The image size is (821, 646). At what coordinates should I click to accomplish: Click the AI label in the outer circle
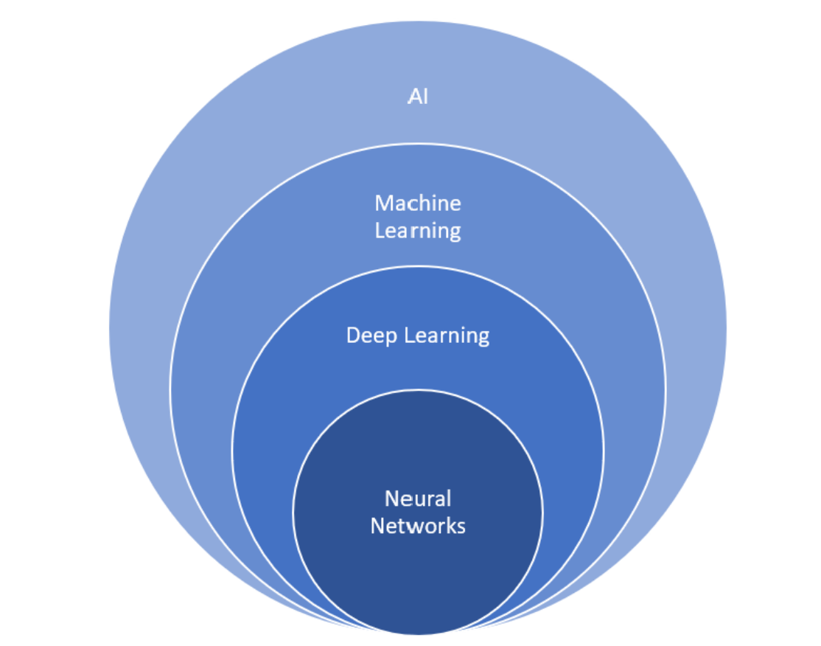(x=418, y=98)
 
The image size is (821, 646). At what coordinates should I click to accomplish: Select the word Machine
(x=418, y=203)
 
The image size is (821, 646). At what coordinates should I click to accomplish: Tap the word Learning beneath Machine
(x=418, y=230)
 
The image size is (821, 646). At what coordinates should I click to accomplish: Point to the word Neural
(x=418, y=499)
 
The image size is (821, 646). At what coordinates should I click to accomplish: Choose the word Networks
(x=418, y=526)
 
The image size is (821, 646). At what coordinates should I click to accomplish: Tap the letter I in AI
(x=425, y=98)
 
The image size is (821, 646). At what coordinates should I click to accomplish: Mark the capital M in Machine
(x=382, y=203)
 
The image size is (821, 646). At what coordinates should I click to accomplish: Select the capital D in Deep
(x=353, y=336)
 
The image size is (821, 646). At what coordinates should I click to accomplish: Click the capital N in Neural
(x=391, y=499)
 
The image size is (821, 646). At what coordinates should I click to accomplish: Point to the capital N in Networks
(x=377, y=526)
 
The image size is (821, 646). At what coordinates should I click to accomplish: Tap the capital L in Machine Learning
(x=380, y=230)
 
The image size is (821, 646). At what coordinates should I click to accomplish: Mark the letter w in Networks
(x=410, y=527)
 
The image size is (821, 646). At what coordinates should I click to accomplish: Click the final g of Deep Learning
(x=483, y=338)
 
